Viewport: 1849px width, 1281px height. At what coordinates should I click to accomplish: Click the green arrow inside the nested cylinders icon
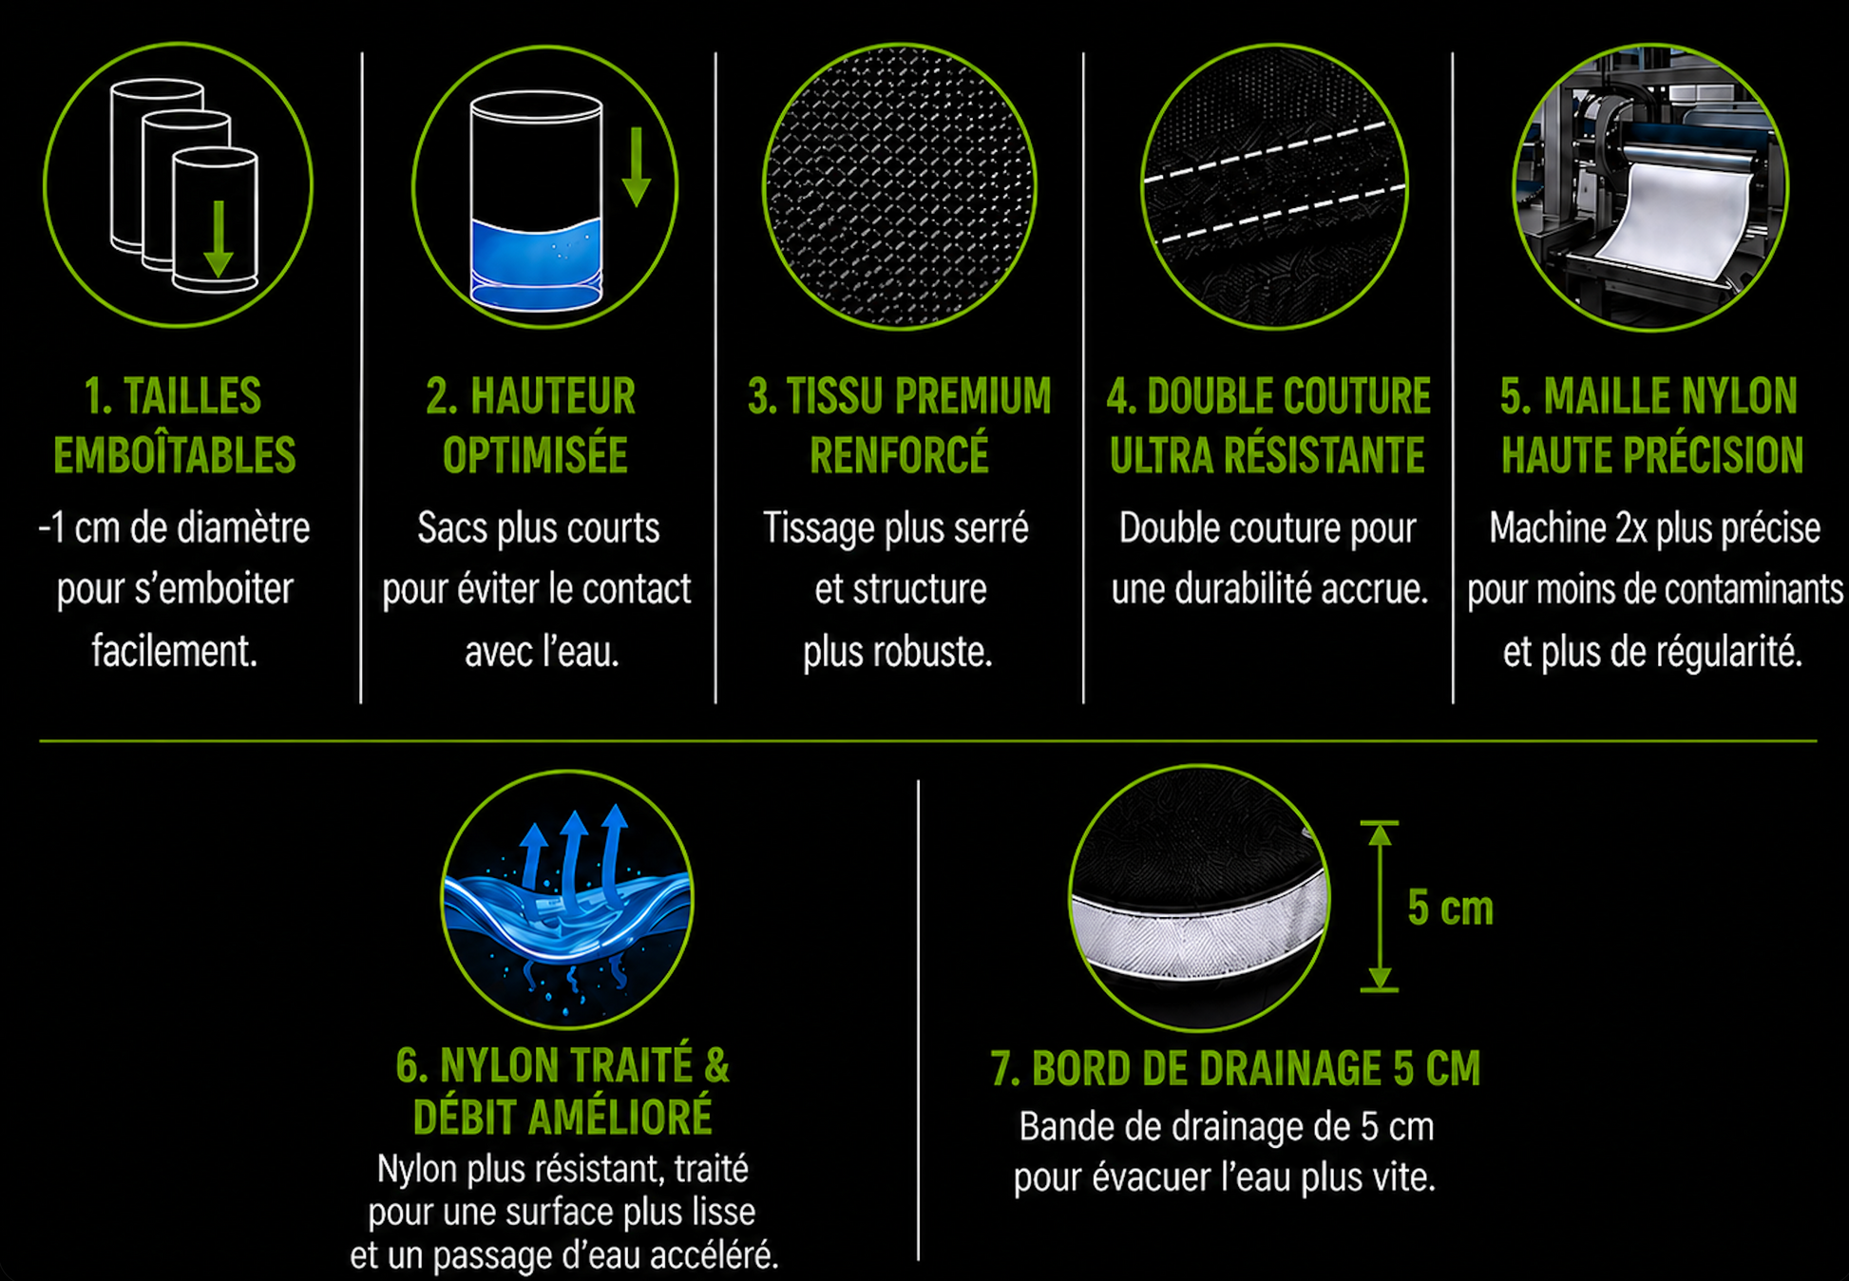pyautogui.click(x=218, y=239)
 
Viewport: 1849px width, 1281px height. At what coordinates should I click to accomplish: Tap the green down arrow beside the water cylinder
pyautogui.click(x=636, y=167)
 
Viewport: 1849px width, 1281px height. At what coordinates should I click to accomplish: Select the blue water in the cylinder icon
pyautogui.click(x=536, y=264)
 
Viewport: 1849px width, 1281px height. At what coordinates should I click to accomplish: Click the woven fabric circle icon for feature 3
pyautogui.click(x=899, y=186)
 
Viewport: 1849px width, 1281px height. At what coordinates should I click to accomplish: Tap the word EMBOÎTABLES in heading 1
pyautogui.click(x=175, y=455)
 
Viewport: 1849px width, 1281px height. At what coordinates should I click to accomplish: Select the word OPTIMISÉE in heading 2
pyautogui.click(x=535, y=455)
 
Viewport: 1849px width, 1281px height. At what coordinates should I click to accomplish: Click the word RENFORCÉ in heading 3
pyautogui.click(x=899, y=455)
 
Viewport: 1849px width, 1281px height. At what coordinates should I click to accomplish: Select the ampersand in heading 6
pyautogui.click(x=716, y=1065)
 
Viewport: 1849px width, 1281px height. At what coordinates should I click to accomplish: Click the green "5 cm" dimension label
pyautogui.click(x=1450, y=908)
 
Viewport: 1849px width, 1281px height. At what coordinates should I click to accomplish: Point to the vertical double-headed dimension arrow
pyautogui.click(x=1380, y=907)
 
